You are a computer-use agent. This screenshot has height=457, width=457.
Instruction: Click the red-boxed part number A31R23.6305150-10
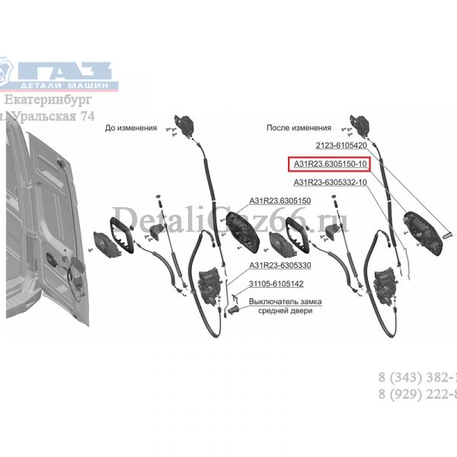coord(328,164)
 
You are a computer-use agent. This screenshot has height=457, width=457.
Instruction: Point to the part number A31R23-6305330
coord(279,266)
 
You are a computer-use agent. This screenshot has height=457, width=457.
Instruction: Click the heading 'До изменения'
coord(131,129)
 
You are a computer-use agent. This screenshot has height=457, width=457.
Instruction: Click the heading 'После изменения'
coord(299,129)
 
